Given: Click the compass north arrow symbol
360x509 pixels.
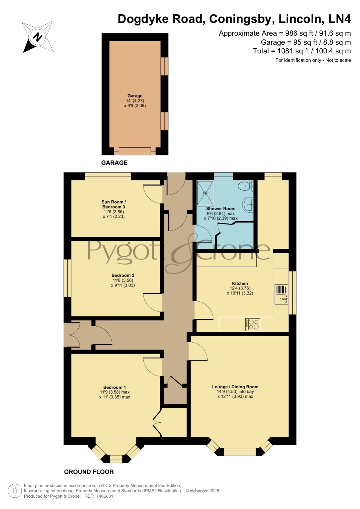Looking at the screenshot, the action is pyautogui.click(x=38, y=37).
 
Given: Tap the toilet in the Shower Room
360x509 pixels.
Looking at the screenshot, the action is pyautogui.click(x=246, y=186).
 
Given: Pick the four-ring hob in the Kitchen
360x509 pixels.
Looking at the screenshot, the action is pyautogui.click(x=253, y=325).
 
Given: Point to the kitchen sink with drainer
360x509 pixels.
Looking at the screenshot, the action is pyautogui.click(x=281, y=294).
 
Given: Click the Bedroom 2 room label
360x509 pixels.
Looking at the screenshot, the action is pyautogui.click(x=123, y=275).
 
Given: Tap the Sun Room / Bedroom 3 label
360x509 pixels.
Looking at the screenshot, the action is pyautogui.click(x=114, y=204).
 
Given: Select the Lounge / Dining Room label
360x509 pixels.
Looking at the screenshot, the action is pyautogui.click(x=235, y=387).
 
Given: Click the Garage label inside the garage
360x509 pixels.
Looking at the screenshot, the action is pyautogui.click(x=135, y=96).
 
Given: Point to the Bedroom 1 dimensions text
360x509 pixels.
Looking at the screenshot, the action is pyautogui.click(x=115, y=394).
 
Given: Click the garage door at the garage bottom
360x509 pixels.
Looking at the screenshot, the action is pyautogui.click(x=135, y=151).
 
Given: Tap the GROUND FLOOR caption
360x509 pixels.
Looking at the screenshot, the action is pyautogui.click(x=89, y=472).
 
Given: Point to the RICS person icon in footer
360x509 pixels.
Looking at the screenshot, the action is pyautogui.click(x=15, y=491).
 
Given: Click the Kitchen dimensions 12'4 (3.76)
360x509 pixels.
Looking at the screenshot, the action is pyautogui.click(x=240, y=288).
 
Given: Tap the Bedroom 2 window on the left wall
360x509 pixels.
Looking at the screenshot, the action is pyautogui.click(x=68, y=278).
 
